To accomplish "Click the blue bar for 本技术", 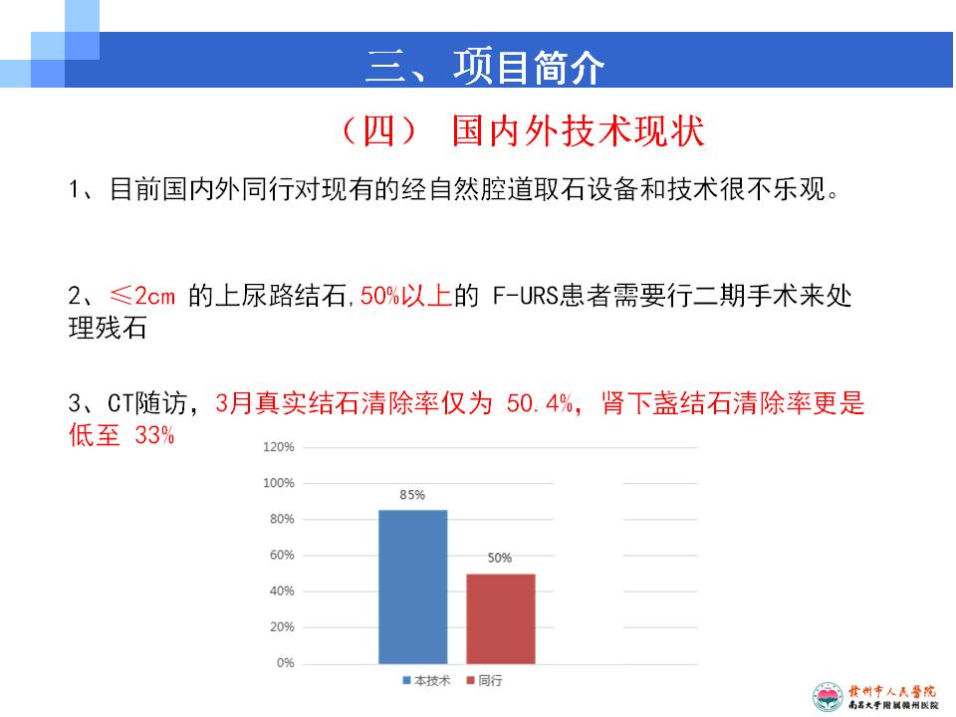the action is tap(412, 587).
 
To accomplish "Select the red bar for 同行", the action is tap(501, 618).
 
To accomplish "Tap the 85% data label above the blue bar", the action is tap(412, 495).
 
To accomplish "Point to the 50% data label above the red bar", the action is tap(499, 558).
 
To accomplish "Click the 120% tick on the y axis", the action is tap(279, 447).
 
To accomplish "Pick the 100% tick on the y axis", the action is tap(279, 483).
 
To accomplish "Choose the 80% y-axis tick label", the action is tap(282, 519).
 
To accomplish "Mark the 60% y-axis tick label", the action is tap(282, 555).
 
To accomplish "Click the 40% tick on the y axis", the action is tap(282, 591).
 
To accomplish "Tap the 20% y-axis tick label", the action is tap(282, 626).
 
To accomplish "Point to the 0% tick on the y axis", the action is tap(286, 663).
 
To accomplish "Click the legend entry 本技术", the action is tap(427, 680).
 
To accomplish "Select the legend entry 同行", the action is tap(485, 680).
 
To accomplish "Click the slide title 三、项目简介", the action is tap(485, 67).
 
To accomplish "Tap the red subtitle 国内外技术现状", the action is tap(578, 130).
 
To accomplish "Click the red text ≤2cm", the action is tap(142, 296).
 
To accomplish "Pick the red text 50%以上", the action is tap(406, 296).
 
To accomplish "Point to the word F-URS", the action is tap(526, 296).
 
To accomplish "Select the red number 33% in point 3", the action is tap(155, 435).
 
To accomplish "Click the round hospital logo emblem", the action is tap(828, 697).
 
